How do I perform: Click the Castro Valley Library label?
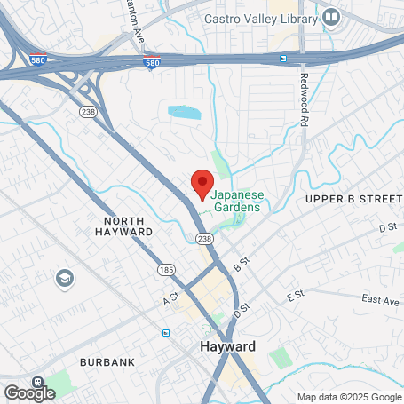pos(260,18)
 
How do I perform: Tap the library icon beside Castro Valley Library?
pos(331,16)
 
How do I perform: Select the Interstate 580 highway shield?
pos(152,63)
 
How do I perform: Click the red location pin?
pos(202,184)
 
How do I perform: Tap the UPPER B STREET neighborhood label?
pos(353,200)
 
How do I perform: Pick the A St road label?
pos(171,300)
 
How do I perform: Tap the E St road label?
pos(296,294)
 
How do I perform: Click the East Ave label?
pos(380,301)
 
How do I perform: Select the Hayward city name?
pos(227,346)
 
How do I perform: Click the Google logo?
pos(29,392)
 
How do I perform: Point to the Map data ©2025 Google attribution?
pos(348,397)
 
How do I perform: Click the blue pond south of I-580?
pos(185,113)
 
